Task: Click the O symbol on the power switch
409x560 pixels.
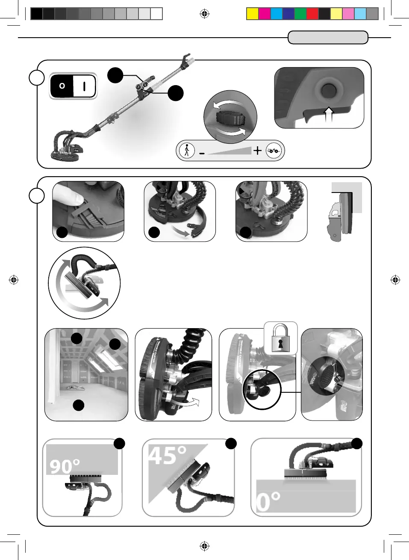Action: pyautogui.click(x=62, y=86)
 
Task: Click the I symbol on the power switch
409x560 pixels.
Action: pyautogui.click(x=84, y=86)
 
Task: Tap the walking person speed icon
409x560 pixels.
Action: pyautogui.click(x=186, y=151)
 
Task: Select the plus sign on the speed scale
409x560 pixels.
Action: pyautogui.click(x=257, y=151)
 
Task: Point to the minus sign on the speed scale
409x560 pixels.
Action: pyautogui.click(x=202, y=153)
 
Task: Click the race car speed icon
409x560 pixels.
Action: pyautogui.click(x=274, y=151)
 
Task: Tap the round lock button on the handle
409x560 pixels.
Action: pyautogui.click(x=328, y=90)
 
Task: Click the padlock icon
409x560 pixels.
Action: pyautogui.click(x=280, y=338)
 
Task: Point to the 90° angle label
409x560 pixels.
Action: pyautogui.click(x=65, y=466)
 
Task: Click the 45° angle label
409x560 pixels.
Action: pyautogui.click(x=167, y=455)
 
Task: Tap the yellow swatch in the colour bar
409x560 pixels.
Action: pyautogui.click(x=253, y=14)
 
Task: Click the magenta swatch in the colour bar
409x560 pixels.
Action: pyautogui.click(x=265, y=14)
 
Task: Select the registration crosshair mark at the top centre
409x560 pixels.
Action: pyautogui.click(x=205, y=14)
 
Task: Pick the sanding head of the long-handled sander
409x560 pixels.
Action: pyautogui.click(x=66, y=152)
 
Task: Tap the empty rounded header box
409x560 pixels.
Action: pyautogui.click(x=328, y=38)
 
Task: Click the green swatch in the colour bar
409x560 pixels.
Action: pyautogui.click(x=300, y=14)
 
